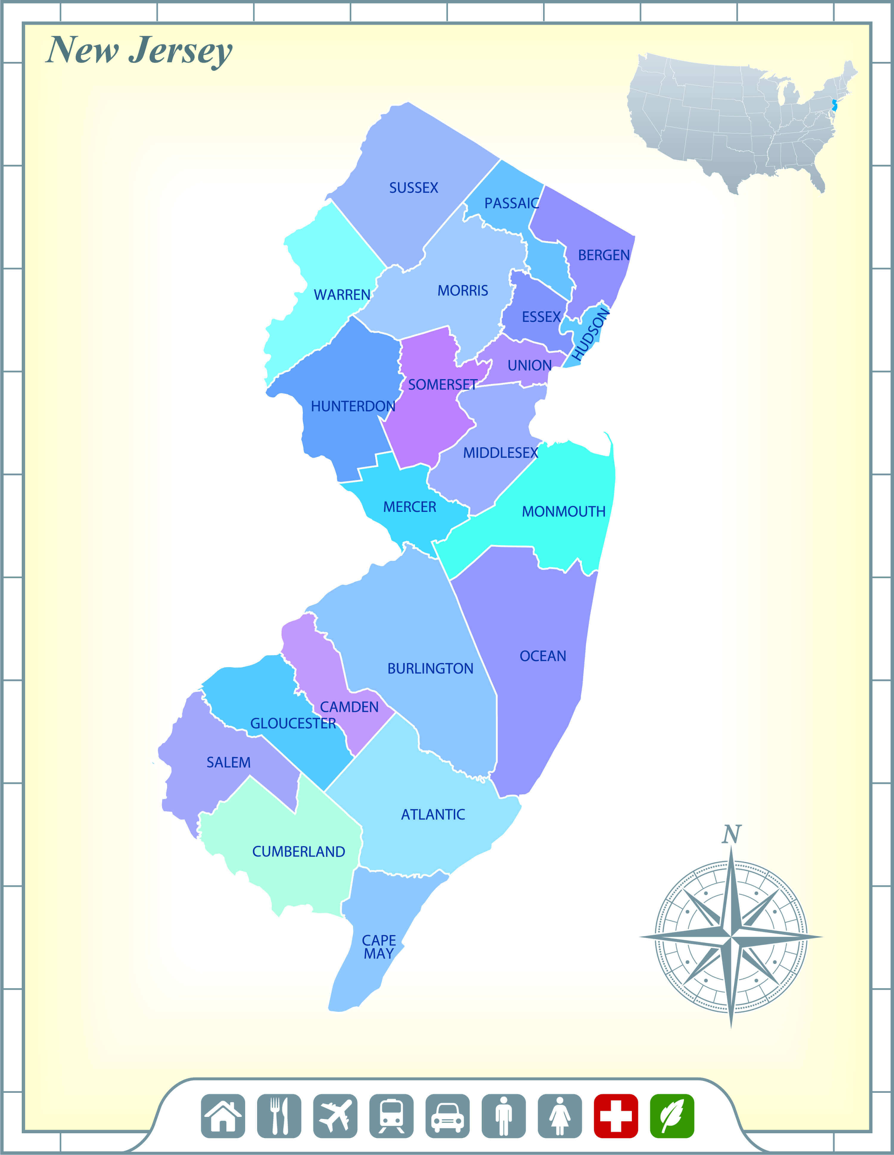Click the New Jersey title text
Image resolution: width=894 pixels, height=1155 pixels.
(x=139, y=51)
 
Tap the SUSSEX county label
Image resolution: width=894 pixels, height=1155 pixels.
(x=413, y=188)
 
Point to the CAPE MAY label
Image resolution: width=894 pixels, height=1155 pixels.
(x=378, y=947)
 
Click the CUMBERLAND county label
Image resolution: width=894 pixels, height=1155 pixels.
(x=298, y=851)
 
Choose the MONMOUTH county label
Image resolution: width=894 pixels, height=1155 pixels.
(x=563, y=511)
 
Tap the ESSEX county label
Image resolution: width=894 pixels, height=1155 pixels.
(x=541, y=317)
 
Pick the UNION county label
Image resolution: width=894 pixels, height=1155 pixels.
(x=529, y=365)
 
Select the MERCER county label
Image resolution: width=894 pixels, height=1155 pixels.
(x=410, y=507)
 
